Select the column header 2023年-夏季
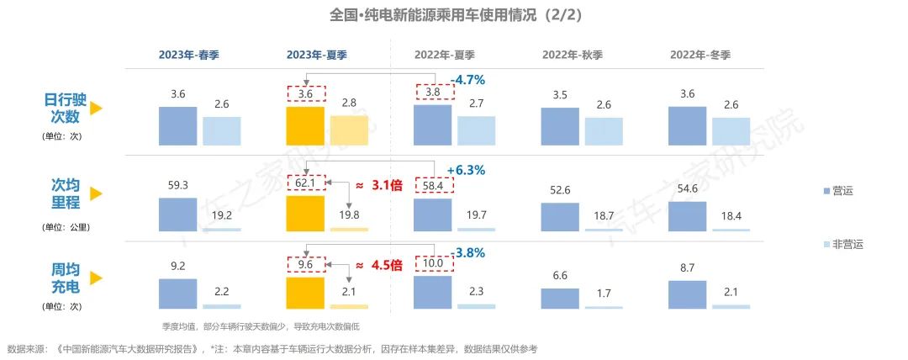(317, 55)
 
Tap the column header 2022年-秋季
(572, 55)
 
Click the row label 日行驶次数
(61, 108)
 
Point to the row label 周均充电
(61, 278)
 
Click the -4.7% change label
(468, 80)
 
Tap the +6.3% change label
(467, 170)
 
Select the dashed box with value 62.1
(305, 183)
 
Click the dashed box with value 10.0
(433, 264)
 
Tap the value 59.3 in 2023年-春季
(177, 183)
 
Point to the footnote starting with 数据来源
(272, 348)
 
